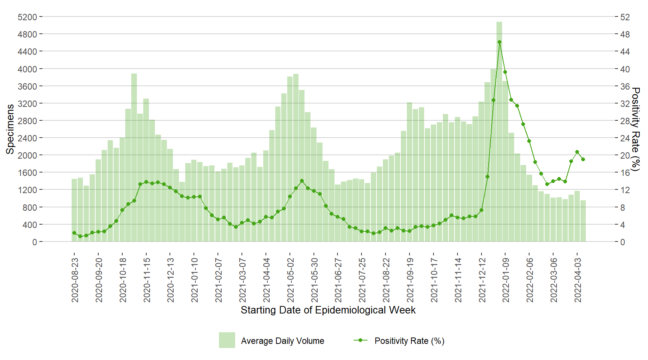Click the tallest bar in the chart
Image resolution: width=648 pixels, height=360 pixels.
tap(499, 131)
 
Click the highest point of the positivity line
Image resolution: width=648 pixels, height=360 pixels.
tap(499, 42)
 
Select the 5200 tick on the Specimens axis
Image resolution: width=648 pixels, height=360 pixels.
tap(27, 17)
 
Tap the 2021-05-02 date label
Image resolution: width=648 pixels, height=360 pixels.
tap(291, 280)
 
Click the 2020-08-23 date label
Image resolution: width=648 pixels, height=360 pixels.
tap(75, 280)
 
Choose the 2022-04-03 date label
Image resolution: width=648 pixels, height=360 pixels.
tap(578, 280)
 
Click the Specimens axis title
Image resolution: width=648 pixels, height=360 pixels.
tap(10, 129)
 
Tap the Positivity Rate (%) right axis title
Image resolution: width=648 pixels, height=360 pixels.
tap(635, 129)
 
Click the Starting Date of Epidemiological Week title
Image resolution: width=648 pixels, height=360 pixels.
tap(328, 310)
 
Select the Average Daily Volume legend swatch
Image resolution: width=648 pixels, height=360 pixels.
tap(227, 340)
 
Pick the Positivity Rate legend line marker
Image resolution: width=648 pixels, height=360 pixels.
tap(360, 340)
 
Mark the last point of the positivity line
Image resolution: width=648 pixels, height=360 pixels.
tap(583, 159)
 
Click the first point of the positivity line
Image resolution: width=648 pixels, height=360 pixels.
tap(74, 233)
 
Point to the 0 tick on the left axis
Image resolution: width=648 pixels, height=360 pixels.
tap(34, 242)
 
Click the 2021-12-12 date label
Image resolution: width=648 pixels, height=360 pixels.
tap(482, 280)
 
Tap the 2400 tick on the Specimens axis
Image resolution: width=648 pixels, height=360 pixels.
tap(27, 138)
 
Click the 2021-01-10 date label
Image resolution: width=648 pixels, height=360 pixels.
tap(195, 280)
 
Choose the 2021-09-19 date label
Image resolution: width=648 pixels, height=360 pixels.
tap(410, 280)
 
